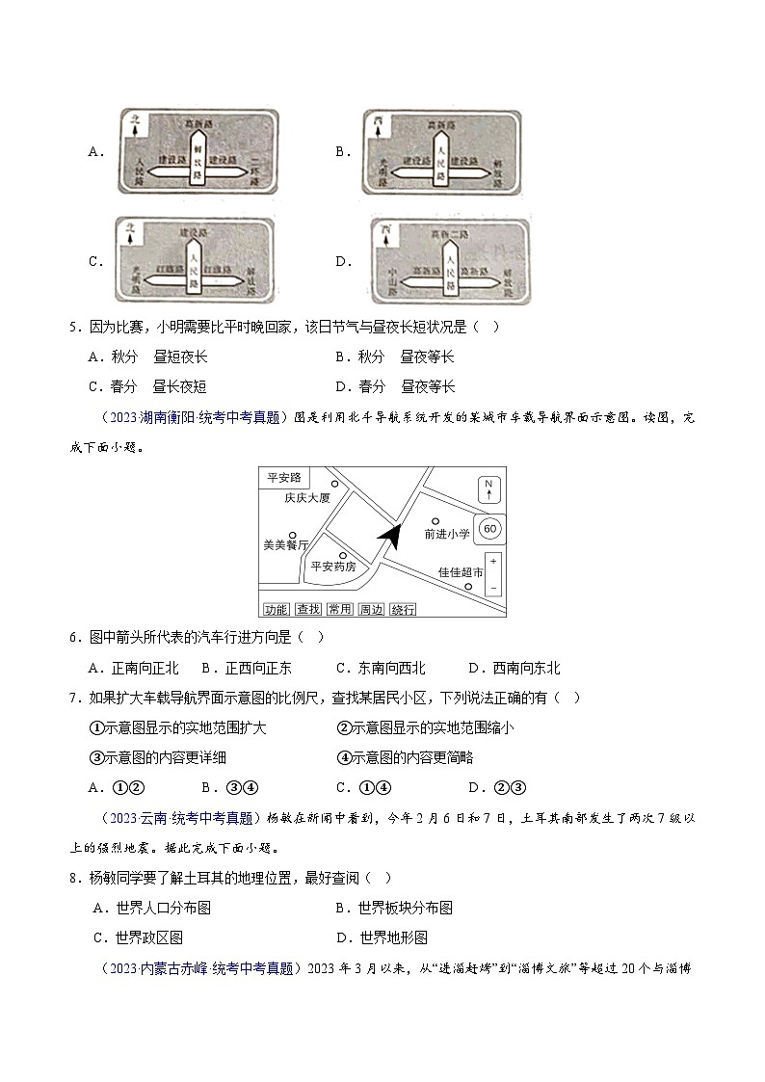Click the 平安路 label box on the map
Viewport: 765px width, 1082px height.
click(282, 476)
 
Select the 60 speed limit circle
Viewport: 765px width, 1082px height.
click(489, 529)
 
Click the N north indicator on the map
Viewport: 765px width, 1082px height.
click(488, 488)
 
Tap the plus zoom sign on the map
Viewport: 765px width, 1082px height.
click(492, 561)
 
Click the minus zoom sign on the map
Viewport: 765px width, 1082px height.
click(492, 587)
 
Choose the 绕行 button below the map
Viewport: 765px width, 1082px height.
click(404, 609)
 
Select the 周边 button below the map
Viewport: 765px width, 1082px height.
click(371, 609)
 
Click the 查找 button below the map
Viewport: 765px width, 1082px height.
click(307, 609)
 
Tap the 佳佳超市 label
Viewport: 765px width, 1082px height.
click(461, 572)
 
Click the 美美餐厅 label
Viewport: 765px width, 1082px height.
click(286, 544)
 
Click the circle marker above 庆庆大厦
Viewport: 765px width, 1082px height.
click(334, 484)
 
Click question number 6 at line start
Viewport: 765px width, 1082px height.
click(73, 637)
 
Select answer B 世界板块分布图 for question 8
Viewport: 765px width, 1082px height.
click(394, 908)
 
